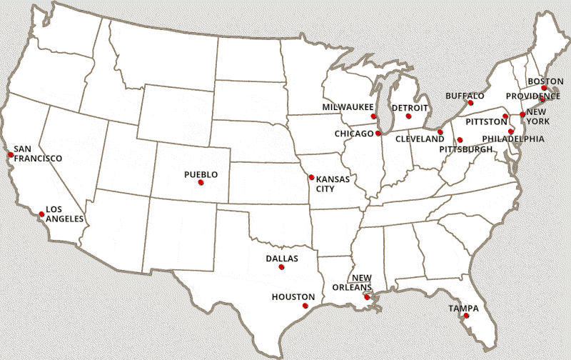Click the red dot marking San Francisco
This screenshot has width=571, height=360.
click(x=11, y=154)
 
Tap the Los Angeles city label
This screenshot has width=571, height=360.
click(x=64, y=214)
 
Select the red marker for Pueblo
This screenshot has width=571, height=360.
click(x=201, y=182)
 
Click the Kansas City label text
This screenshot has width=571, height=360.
click(x=333, y=184)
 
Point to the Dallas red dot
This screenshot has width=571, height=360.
click(x=281, y=267)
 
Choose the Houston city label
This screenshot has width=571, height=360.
click(x=293, y=296)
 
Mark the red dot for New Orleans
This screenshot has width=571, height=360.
click(x=367, y=297)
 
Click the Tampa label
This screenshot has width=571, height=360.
click(x=463, y=308)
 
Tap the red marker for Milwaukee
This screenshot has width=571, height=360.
click(x=373, y=116)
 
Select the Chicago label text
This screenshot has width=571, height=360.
click(x=353, y=134)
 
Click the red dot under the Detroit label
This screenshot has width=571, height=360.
click(x=408, y=116)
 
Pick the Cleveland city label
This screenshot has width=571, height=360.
click(x=420, y=139)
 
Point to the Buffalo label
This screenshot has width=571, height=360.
click(x=465, y=96)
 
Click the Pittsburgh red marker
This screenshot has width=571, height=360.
click(x=460, y=140)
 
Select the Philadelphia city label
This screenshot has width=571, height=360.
click(x=513, y=139)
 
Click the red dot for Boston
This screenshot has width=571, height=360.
click(x=544, y=89)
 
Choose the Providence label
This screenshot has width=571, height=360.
click(x=532, y=96)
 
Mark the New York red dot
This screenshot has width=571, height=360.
click(x=522, y=114)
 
